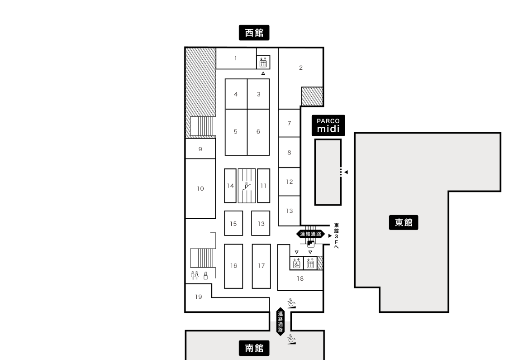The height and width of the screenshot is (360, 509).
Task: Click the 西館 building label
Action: [254, 33]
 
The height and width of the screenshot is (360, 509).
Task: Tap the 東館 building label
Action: [404, 222]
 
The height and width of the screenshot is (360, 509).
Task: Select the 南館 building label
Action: [254, 348]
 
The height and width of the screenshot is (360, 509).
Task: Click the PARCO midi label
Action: [328, 125]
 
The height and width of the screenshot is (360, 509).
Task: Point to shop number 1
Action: [236, 58]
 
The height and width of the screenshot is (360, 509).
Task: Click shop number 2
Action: [300, 67]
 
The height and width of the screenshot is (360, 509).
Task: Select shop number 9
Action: [200, 149]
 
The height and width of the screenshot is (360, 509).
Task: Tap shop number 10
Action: [200, 188]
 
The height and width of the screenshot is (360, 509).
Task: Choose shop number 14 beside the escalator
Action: [230, 186]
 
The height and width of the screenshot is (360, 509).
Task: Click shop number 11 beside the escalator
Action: [263, 186]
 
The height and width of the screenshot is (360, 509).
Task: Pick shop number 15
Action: [233, 224]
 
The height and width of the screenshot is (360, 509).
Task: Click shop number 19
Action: [198, 297]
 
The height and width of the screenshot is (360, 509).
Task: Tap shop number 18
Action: [300, 278]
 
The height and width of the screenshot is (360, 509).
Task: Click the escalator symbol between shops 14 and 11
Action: [247, 186]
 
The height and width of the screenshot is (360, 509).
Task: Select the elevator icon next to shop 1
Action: [263, 62]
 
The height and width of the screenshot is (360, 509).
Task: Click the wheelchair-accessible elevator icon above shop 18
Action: [296, 263]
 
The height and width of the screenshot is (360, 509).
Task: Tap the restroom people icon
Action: [195, 275]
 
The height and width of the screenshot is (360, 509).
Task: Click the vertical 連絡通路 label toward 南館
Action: [281, 322]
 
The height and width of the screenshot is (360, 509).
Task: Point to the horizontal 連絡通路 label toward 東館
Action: [310, 234]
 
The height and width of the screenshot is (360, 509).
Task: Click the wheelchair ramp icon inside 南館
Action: [291, 339]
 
